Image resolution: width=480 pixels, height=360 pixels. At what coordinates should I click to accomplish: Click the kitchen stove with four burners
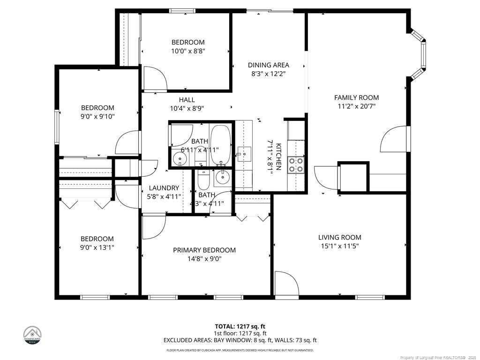(x=295, y=165)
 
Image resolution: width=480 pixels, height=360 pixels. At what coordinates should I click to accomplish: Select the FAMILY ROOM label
(x=356, y=97)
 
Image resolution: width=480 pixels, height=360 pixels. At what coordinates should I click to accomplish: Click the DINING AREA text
(x=268, y=65)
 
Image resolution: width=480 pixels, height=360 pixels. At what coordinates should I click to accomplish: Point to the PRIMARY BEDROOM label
(x=204, y=250)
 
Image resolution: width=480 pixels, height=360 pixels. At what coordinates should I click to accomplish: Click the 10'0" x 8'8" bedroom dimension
(x=187, y=51)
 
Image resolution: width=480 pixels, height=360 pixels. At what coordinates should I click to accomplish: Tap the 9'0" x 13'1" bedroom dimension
(x=97, y=247)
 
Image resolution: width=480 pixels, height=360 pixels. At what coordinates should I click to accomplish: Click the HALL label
(x=187, y=100)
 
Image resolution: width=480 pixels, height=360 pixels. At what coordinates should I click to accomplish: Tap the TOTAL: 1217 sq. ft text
(x=240, y=326)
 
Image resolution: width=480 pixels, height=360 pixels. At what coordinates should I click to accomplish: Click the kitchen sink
(x=244, y=153)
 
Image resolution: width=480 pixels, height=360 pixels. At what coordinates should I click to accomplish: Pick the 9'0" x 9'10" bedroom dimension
(x=97, y=116)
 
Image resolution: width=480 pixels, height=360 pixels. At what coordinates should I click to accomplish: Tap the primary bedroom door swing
(x=153, y=225)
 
